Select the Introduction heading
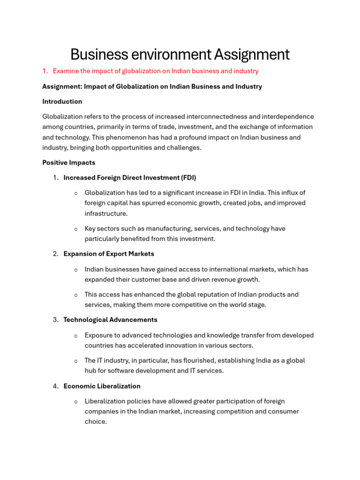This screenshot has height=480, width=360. tap(62, 102)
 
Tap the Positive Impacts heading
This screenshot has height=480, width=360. tap(68, 163)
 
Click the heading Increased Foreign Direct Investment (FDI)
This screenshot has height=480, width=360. tap(130, 178)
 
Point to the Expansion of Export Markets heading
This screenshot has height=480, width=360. tap(109, 254)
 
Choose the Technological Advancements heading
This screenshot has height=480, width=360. tap(110, 320)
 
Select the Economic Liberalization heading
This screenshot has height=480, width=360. tap(102, 386)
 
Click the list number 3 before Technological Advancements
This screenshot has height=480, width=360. tap(55, 320)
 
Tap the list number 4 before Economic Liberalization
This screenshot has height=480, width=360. tap(55, 386)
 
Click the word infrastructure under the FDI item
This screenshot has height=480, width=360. tap(105, 214)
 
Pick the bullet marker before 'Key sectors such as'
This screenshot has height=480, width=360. tap(76, 229)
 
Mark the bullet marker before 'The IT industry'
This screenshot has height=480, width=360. tap(76, 361)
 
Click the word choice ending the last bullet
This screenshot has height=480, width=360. tap(95, 422)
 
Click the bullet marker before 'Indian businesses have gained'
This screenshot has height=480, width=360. tap(76, 270)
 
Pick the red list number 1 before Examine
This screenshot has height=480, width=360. tap(45, 71)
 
